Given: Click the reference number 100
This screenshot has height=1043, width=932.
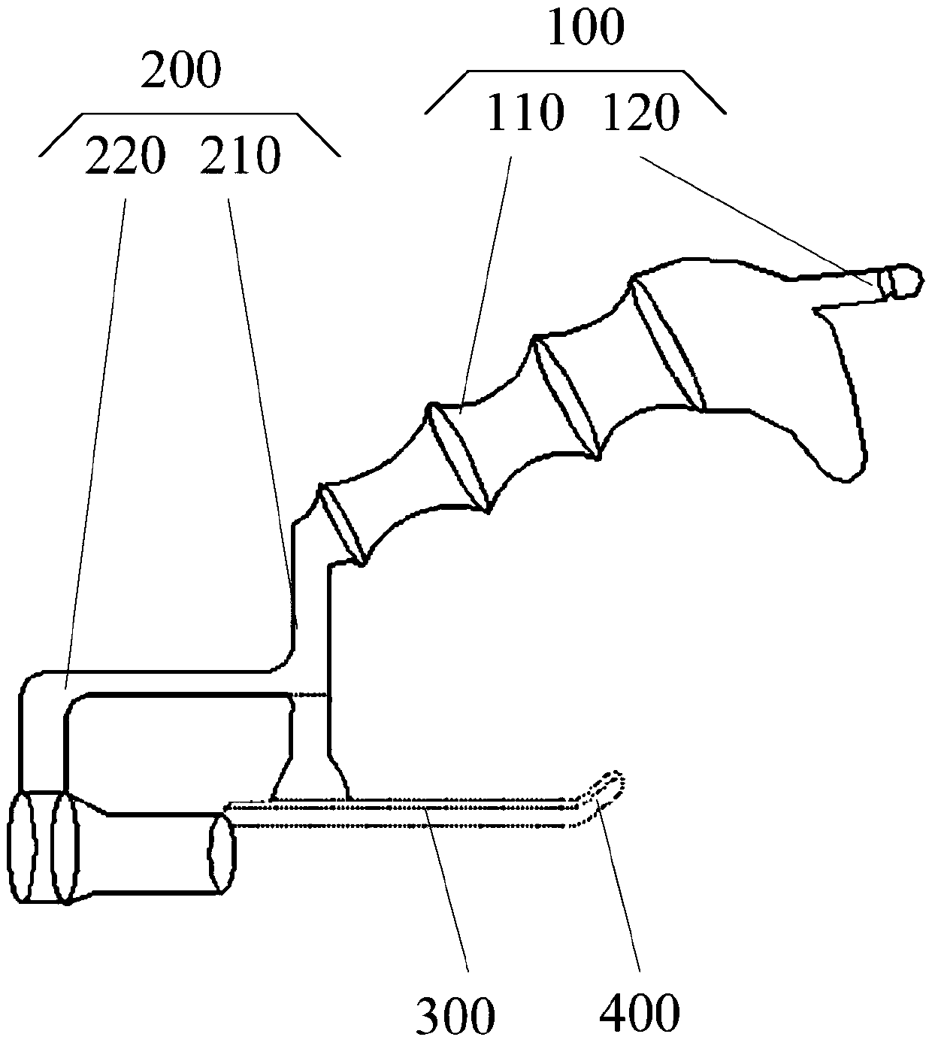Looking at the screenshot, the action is pos(586,29).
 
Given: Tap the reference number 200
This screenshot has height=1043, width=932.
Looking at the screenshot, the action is pos(180,70).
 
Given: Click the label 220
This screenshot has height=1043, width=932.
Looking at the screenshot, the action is pos(125,156).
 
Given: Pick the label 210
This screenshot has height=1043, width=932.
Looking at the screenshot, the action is pos(241,156).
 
